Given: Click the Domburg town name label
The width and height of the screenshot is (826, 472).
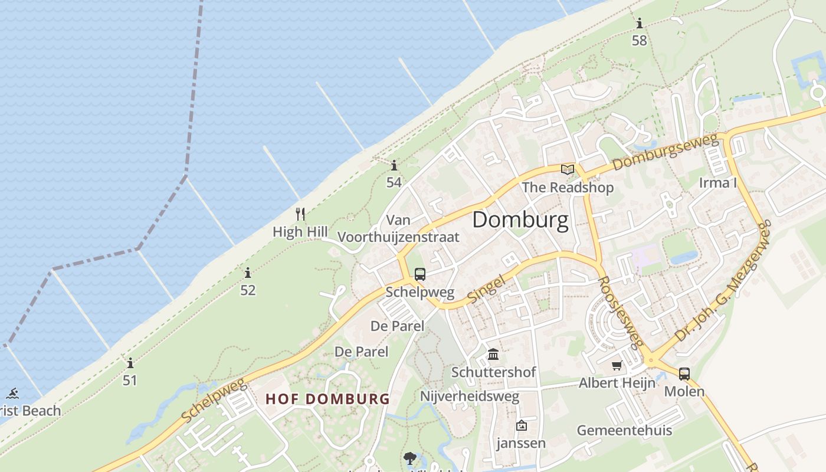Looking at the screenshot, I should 520,220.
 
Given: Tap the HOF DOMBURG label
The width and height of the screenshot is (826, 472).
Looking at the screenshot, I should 327,399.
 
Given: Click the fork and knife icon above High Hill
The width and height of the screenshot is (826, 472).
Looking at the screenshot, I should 301,214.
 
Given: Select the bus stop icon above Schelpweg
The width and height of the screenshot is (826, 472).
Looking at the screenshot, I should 420,274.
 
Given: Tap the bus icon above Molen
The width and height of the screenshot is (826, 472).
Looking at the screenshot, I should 684,373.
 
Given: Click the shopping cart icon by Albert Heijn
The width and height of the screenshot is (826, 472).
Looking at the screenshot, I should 617,365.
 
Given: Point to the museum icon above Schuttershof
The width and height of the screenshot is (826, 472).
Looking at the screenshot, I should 493,355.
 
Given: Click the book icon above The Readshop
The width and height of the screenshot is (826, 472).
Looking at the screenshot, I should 568,170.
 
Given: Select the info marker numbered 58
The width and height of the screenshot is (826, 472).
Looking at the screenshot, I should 640,24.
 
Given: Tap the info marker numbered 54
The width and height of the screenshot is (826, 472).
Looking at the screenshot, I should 394,166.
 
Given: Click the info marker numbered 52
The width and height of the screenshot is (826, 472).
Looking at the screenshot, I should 248,273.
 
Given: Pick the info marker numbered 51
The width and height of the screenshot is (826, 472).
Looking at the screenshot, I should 130,363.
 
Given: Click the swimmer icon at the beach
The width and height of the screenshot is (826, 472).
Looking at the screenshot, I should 12,394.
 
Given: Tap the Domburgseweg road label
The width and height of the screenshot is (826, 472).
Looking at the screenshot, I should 666,152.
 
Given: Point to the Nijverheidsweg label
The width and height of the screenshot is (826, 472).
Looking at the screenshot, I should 470,396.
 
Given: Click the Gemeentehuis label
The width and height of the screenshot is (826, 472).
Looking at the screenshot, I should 624,430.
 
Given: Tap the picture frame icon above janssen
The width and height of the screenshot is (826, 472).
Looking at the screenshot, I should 522,425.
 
